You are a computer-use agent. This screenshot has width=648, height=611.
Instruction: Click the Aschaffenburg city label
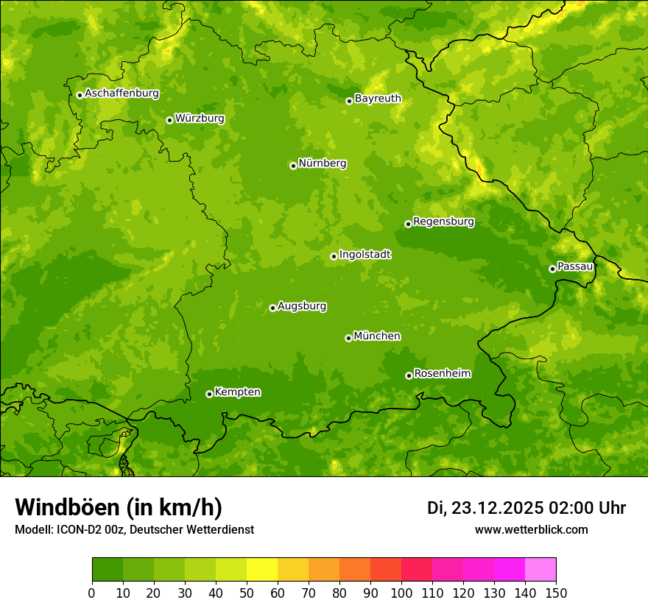click(x=121, y=93)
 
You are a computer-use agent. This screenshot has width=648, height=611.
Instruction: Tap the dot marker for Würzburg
click(x=169, y=120)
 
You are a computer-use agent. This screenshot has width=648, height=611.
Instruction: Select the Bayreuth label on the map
click(x=378, y=98)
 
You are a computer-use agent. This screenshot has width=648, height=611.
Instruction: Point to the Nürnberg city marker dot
click(x=293, y=166)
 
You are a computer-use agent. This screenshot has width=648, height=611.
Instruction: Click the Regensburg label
click(x=443, y=221)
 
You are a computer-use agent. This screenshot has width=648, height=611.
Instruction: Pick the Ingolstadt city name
click(x=364, y=254)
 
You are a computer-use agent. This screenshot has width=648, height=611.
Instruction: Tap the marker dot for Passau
click(x=552, y=269)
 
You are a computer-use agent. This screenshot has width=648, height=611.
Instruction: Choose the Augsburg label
click(x=302, y=305)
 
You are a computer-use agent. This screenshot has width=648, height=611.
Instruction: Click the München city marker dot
click(x=348, y=338)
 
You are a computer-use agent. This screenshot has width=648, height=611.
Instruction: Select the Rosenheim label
click(x=442, y=373)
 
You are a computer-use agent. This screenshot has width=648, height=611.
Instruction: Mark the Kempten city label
click(x=237, y=392)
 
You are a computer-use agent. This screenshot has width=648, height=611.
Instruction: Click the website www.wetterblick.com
click(x=531, y=529)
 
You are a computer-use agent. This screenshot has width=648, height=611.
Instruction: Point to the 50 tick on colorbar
click(x=247, y=592)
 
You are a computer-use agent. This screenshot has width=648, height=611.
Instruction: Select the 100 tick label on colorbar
click(x=401, y=592)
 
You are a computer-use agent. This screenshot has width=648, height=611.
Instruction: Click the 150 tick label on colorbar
click(x=556, y=592)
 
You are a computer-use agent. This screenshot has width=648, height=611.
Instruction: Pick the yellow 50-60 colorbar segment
click(x=262, y=569)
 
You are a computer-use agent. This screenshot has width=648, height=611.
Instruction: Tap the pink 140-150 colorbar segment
click(x=540, y=569)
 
